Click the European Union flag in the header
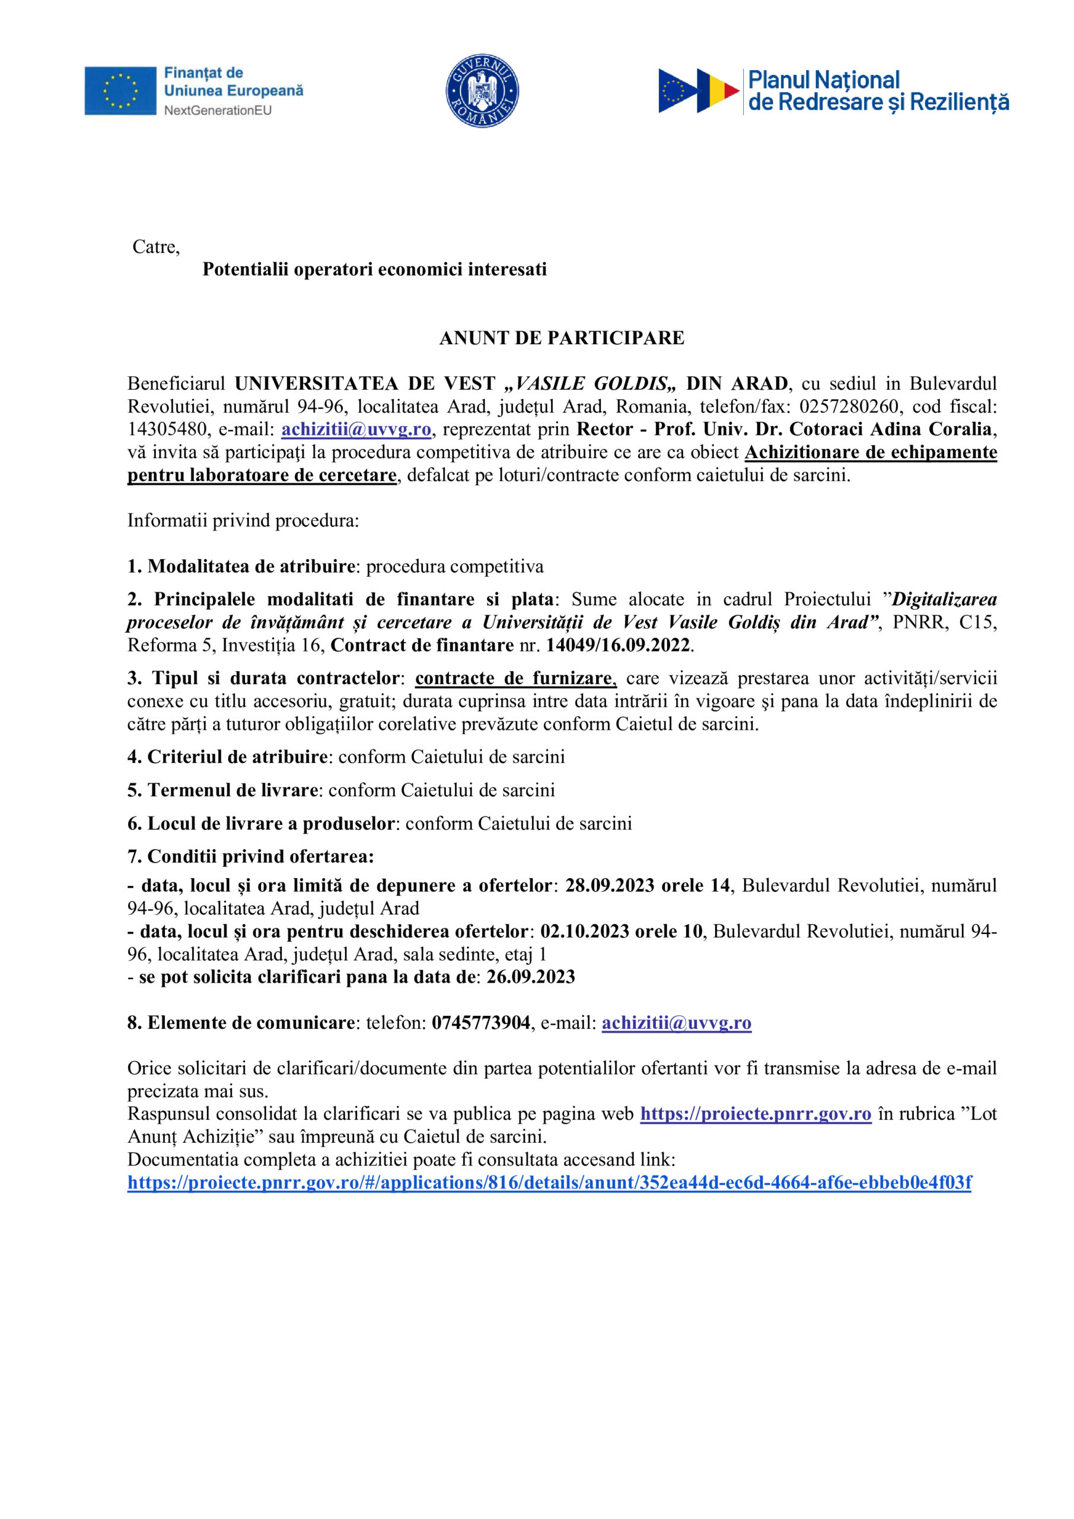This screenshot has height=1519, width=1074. tap(120, 91)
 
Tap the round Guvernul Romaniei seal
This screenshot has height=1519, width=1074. tap(482, 91)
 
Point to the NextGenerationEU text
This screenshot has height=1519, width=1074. tap(218, 110)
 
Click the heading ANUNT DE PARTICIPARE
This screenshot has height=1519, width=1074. tap(562, 338)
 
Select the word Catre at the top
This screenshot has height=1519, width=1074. tap(155, 247)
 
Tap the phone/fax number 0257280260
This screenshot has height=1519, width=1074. tap(849, 406)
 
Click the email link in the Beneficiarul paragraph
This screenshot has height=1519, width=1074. tap(356, 430)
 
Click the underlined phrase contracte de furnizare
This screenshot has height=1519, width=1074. tap(515, 678)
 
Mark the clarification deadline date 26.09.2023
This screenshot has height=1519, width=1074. tap(530, 977)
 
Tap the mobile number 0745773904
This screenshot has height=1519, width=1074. tap(481, 1023)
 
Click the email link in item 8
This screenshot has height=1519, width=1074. tap(676, 1023)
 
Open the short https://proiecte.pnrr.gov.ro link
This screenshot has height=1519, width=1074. tap(755, 1114)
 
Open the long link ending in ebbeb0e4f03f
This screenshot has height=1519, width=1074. tap(549, 1182)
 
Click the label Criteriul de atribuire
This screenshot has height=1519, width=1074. tap(237, 757)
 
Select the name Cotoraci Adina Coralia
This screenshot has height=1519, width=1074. tap(893, 430)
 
